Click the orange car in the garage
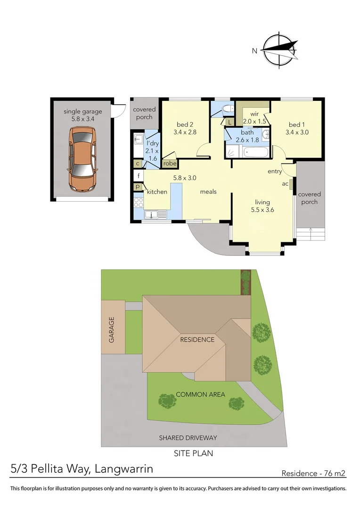[x=82, y=160]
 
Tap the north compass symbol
[x=280, y=50]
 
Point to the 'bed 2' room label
[x=184, y=124]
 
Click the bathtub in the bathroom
[x=255, y=152]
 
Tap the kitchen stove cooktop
[x=139, y=203]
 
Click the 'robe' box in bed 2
[x=170, y=164]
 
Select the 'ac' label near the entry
[x=285, y=183]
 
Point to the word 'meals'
[x=208, y=191]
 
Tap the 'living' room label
[x=262, y=202]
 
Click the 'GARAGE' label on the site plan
[x=112, y=329]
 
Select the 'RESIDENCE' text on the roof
[x=197, y=339]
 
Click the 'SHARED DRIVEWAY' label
[x=188, y=438]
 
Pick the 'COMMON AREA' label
[x=200, y=394]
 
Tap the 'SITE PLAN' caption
[x=194, y=453]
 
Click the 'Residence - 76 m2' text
[x=313, y=473]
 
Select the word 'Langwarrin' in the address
[x=123, y=469]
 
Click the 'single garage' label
[x=83, y=112]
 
